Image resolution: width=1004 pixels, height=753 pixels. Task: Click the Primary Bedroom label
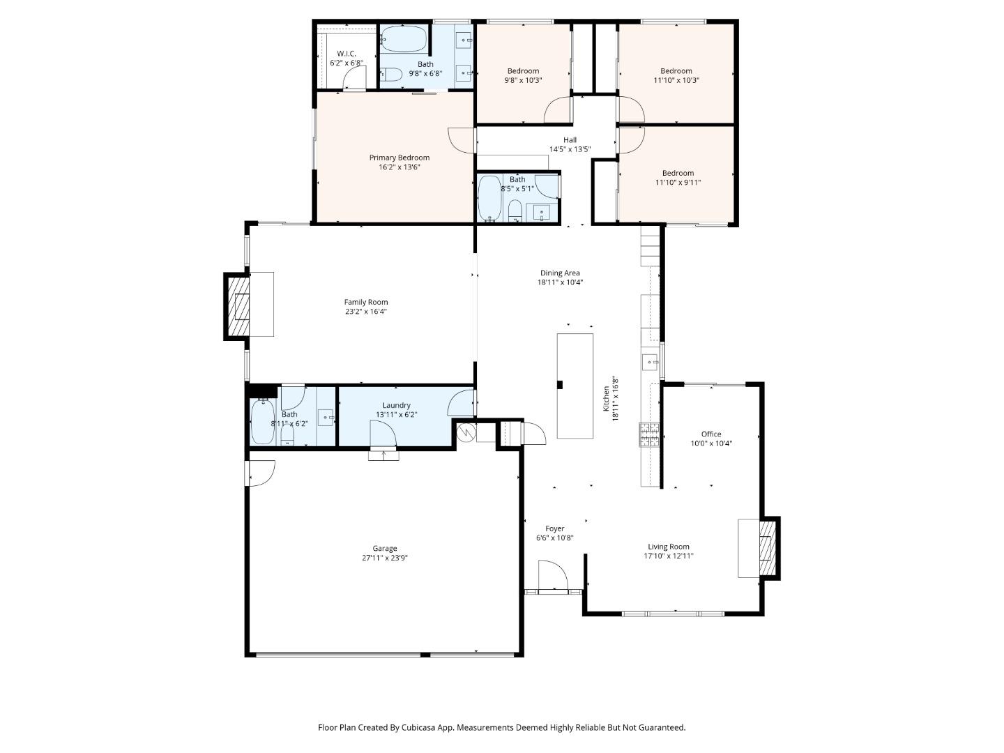click(399, 158)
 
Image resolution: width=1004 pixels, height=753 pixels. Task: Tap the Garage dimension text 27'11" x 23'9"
click(384, 558)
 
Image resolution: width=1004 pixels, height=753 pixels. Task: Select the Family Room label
click(365, 302)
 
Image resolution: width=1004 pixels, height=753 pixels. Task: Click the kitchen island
click(575, 386)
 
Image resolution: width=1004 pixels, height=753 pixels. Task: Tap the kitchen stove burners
click(649, 434)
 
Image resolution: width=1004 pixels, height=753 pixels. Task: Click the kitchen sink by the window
click(650, 361)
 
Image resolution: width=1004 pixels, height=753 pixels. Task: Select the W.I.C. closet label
click(347, 54)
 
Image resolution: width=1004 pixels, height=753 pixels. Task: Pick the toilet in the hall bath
click(515, 209)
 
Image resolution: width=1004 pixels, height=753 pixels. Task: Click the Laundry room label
click(396, 405)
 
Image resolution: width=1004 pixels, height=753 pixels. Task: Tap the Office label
click(711, 434)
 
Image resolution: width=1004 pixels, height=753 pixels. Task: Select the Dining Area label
click(560, 273)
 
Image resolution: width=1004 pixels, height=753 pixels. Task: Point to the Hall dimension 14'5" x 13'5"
click(570, 149)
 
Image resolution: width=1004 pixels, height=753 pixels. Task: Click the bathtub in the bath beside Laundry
click(263, 421)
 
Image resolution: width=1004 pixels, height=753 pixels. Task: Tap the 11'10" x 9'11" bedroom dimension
click(678, 183)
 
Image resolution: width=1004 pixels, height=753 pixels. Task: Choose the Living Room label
click(668, 547)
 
